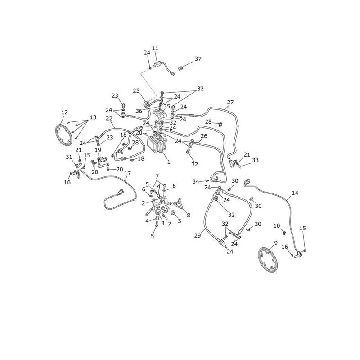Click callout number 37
[198, 59]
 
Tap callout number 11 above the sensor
[155, 49]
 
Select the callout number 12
[65, 112]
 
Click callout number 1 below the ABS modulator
[169, 162]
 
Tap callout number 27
[230, 103]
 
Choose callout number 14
[295, 193]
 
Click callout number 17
[128, 173]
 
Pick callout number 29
[198, 235]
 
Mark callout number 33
[255, 160]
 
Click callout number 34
[196, 182]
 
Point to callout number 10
[277, 226]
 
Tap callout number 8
[189, 215]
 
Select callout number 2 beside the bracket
[144, 203]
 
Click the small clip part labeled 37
[181, 68]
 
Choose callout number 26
[204, 136]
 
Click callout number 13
[93, 117]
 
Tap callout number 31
[69, 157]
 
